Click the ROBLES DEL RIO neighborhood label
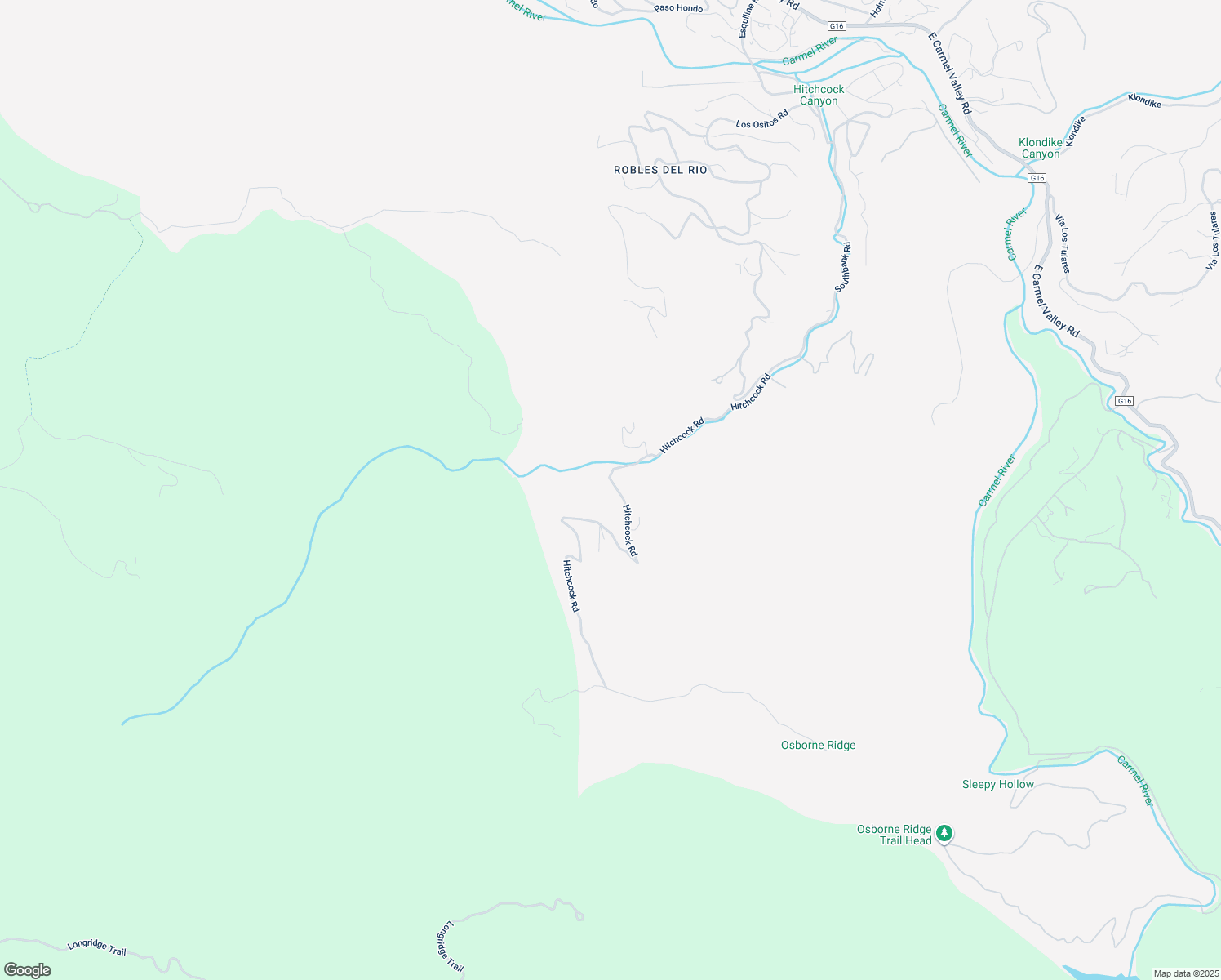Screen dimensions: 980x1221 click(660, 170)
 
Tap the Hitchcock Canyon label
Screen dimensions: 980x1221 click(819, 95)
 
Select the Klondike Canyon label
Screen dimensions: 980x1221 click(1041, 148)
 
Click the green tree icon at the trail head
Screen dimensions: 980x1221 click(944, 833)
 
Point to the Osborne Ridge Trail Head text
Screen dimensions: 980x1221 click(895, 835)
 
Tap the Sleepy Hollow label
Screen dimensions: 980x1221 click(997, 784)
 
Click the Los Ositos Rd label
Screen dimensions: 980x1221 click(762, 119)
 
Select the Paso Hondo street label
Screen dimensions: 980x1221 click(678, 8)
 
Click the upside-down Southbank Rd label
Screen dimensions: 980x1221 click(842, 267)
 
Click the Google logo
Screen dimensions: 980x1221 click(28, 970)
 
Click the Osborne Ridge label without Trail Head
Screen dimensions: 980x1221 click(818, 745)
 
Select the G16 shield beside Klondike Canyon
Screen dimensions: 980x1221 click(1037, 177)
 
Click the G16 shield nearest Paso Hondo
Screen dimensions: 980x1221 click(835, 26)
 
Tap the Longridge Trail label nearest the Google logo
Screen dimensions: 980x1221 click(96, 947)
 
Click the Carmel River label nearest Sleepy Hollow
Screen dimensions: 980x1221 click(1135, 782)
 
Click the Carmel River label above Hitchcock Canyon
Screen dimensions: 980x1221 click(810, 51)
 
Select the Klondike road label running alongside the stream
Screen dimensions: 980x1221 click(1144, 101)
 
